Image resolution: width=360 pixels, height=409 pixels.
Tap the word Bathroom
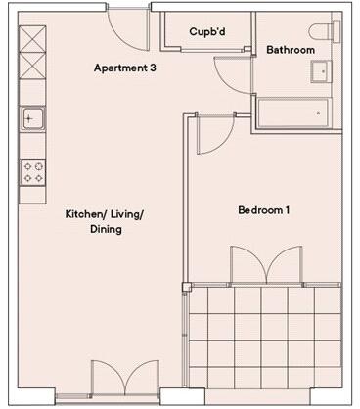[x=290, y=50]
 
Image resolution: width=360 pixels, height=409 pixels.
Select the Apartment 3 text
[x=125, y=68]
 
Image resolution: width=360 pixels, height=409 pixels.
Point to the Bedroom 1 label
[x=264, y=210]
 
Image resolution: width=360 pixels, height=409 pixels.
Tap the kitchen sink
[x=32, y=119]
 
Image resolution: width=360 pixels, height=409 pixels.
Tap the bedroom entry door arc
[x=215, y=137]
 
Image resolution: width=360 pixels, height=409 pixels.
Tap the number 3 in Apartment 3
[x=153, y=68]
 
